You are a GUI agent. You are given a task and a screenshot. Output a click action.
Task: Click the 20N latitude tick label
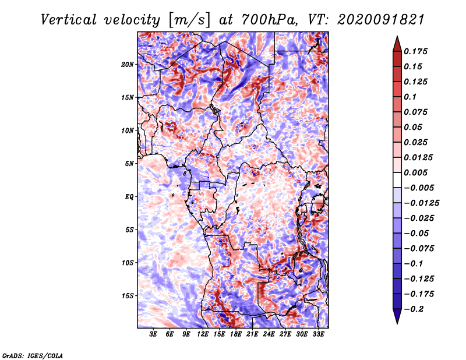(127, 65)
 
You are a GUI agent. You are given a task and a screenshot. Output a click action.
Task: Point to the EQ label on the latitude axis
(129, 197)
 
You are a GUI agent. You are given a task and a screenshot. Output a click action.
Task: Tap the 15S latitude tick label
(127, 296)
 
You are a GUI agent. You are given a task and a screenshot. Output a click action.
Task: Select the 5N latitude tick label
(129, 164)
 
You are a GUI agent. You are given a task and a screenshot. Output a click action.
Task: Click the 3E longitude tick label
(153, 334)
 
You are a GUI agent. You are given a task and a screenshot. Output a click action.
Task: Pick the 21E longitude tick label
(252, 334)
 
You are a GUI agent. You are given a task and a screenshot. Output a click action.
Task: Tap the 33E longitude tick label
(318, 334)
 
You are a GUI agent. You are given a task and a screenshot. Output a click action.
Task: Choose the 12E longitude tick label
(202, 334)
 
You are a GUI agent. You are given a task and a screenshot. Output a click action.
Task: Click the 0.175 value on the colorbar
(415, 51)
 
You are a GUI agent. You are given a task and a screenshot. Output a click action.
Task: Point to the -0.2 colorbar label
(414, 309)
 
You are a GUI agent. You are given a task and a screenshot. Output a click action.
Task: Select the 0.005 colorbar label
(415, 172)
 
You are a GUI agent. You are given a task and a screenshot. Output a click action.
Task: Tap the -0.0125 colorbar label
(421, 203)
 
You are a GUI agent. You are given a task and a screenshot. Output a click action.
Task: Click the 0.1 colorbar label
(410, 97)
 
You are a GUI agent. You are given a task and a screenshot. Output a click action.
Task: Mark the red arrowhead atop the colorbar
(397, 44)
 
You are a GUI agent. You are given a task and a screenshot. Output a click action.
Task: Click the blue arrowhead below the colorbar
(397, 316)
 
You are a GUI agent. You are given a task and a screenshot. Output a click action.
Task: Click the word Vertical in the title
(69, 20)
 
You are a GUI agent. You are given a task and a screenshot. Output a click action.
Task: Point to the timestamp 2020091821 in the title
(381, 20)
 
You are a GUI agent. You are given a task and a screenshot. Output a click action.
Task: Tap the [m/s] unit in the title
(189, 20)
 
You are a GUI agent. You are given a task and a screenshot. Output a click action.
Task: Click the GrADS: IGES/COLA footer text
(33, 355)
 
